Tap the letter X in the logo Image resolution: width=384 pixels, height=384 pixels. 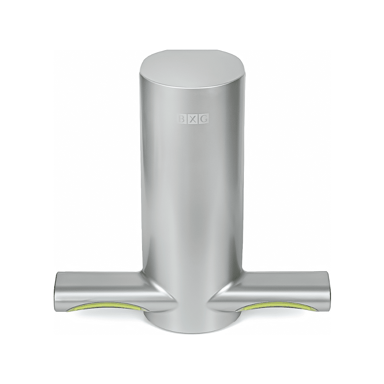(x=193, y=119)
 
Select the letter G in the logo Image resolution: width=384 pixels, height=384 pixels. (x=205, y=119)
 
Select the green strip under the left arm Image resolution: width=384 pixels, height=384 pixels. (x=105, y=306)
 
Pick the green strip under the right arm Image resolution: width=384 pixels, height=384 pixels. (x=277, y=306)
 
